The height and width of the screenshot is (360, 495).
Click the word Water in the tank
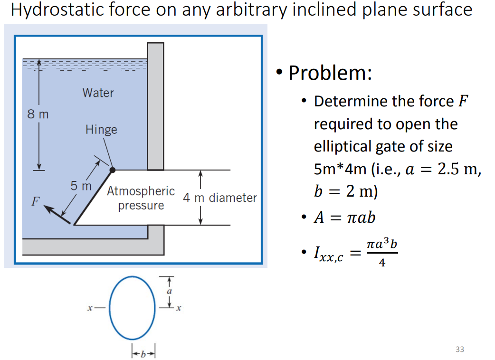98,93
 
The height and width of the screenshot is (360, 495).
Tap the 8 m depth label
38,114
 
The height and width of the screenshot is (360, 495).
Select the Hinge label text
101,130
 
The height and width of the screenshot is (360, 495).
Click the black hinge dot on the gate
113,169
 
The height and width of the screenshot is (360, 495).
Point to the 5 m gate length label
81,186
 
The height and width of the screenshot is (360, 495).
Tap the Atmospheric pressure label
141,199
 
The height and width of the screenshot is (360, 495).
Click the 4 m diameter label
220,198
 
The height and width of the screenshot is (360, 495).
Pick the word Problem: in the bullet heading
330,73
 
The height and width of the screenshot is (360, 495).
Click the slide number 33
459,350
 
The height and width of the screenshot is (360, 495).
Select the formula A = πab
344,217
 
